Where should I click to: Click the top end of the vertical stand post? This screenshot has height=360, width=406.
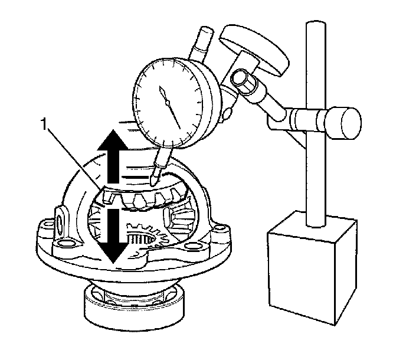tap(312, 27)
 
